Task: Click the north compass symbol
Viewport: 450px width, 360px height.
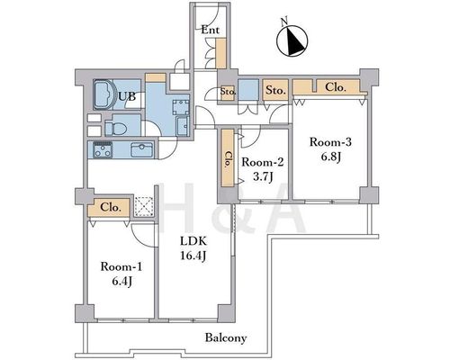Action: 292,40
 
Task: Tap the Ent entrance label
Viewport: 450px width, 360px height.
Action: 210,30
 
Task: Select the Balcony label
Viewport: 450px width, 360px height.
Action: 226,338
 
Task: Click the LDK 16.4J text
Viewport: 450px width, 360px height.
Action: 193,248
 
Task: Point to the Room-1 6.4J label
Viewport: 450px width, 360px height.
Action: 121,274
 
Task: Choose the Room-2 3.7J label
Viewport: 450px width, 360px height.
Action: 263,169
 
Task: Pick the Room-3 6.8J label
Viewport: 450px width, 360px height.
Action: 330,149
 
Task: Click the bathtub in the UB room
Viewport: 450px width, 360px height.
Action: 104,94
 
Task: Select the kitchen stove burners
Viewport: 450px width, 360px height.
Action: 103,149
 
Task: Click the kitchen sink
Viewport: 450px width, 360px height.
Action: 142,149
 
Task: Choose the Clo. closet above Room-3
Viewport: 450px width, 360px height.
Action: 326,86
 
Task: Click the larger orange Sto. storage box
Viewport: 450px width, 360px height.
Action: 275,90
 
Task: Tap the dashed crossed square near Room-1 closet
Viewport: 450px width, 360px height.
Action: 144,207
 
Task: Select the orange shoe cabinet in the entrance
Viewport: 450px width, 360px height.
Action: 221,53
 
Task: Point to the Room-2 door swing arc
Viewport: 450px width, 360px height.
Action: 251,139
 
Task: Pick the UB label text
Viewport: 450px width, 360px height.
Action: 127,96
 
